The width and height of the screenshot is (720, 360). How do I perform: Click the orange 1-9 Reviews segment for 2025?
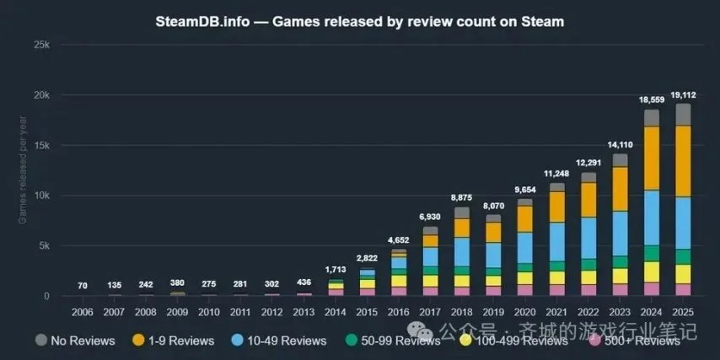[x=683, y=160]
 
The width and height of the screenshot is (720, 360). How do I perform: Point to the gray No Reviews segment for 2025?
[x=683, y=115]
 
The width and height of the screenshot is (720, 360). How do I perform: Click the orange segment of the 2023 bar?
[x=620, y=188]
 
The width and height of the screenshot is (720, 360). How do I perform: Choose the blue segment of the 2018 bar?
[x=462, y=251]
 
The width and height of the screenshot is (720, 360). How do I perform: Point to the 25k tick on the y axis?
[x=40, y=44]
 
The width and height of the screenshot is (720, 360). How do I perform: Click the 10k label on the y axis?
[x=40, y=196]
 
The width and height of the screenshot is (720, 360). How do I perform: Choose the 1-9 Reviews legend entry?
[x=176, y=340]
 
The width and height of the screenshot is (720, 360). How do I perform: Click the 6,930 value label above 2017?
[x=430, y=217]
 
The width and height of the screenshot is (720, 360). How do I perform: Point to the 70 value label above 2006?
[x=83, y=285]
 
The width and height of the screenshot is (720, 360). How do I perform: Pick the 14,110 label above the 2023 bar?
[x=620, y=145]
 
